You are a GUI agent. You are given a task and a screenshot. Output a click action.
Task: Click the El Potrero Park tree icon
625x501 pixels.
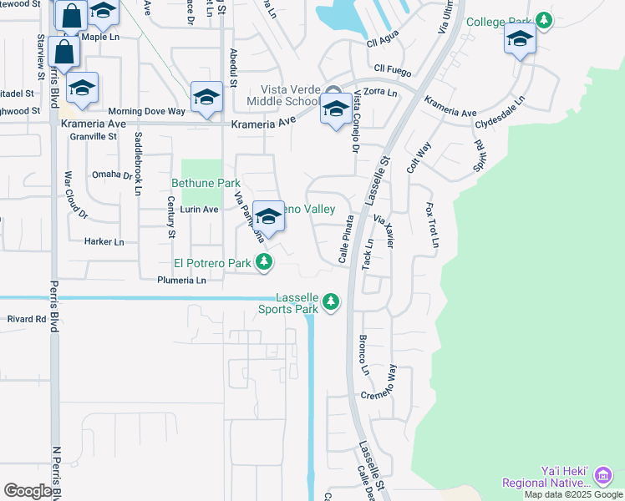pyautogui.click(x=264, y=263)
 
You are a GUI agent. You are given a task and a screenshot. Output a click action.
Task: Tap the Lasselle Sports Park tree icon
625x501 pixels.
pyautogui.click(x=332, y=301)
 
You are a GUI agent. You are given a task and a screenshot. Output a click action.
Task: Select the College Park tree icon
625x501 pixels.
pyautogui.click(x=544, y=19)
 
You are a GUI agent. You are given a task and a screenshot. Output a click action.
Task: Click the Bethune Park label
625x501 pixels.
pyautogui.click(x=206, y=183)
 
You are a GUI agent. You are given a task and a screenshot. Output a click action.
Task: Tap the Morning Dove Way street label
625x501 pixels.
pyautogui.click(x=146, y=111)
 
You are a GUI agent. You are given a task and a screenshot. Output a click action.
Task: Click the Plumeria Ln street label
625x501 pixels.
pyautogui.click(x=181, y=281)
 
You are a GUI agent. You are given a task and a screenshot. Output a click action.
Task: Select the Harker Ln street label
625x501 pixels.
pyautogui.click(x=104, y=242)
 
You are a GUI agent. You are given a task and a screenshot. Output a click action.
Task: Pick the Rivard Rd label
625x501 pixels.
pyautogui.click(x=27, y=319)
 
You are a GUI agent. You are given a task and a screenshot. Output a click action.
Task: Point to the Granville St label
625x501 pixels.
pyautogui.click(x=94, y=136)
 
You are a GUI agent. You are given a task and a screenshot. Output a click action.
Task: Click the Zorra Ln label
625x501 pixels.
pyautogui.click(x=380, y=92)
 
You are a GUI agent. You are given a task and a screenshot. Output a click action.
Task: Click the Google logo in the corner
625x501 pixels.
pyautogui.click(x=28, y=491)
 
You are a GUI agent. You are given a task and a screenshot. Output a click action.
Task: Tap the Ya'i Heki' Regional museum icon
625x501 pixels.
pyautogui.click(x=602, y=476)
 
